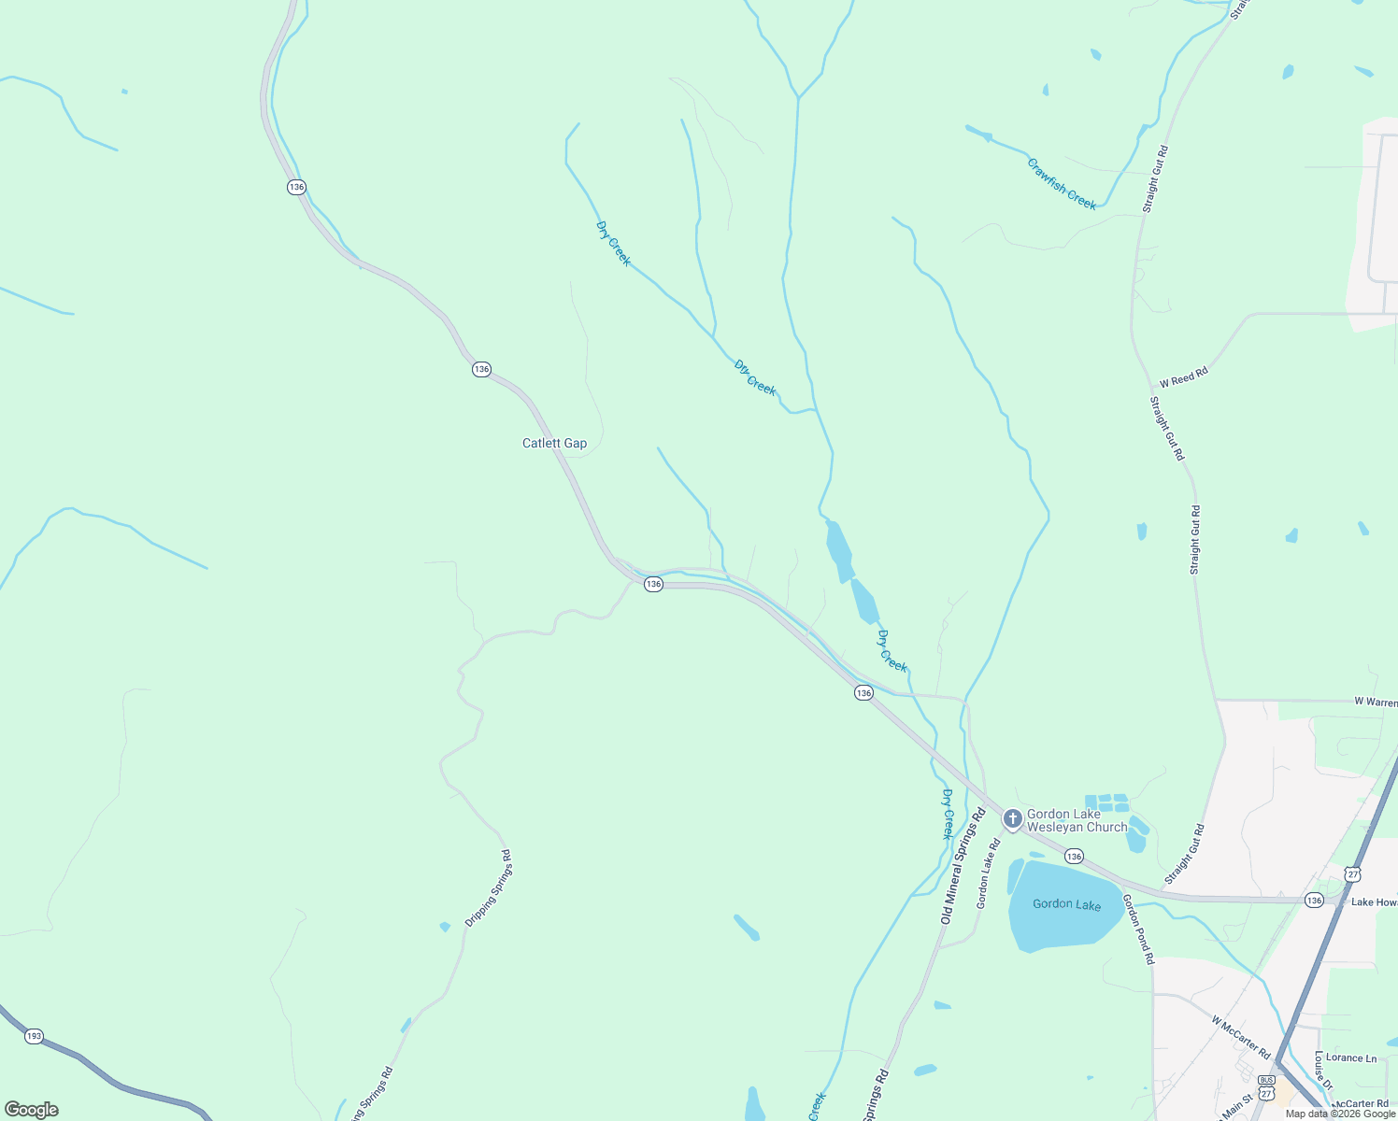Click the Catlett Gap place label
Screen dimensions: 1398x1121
[554, 443]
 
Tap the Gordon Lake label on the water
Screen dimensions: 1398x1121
[1066, 903]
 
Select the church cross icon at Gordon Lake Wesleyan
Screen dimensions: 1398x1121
[1012, 819]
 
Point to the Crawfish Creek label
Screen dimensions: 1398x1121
[1062, 184]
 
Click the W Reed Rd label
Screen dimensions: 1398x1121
[1183, 377]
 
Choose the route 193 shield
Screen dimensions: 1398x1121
[34, 1036]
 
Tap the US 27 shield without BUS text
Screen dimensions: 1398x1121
[1352, 873]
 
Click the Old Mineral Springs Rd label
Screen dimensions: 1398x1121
[963, 867]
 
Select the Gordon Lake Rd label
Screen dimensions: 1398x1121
[988, 873]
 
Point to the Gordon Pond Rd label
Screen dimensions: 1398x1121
[1138, 929]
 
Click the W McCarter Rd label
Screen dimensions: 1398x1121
[1241, 1038]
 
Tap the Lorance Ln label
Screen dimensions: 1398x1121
[1351, 1057]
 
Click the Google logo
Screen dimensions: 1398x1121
[32, 1110]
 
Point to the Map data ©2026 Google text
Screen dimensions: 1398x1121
[1340, 1114]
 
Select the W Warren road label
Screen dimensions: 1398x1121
[1376, 702]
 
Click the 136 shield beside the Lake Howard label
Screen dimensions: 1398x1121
[1314, 900]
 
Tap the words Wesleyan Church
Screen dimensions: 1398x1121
[1077, 827]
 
